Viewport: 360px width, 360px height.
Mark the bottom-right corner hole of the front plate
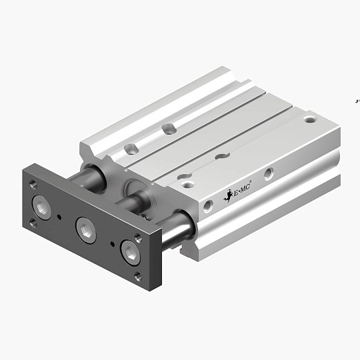tap(138, 275)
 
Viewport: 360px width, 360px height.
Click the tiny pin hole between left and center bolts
tap(62, 217)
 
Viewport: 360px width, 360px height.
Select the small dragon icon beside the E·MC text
tap(226, 196)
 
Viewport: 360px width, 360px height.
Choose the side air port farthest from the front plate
tap(268, 173)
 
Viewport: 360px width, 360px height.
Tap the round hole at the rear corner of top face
tap(309, 121)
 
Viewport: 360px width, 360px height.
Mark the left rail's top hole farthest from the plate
tap(171, 128)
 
